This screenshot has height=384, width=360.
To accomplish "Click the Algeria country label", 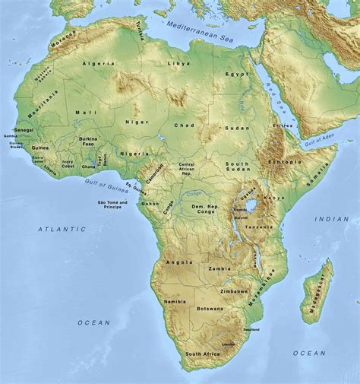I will click(103, 64).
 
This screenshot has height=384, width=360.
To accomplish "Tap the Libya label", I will click(180, 63).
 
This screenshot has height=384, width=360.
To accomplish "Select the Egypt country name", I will click(236, 75).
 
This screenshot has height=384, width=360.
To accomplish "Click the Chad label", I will click(185, 125).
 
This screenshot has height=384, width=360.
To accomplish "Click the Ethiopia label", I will click(286, 162).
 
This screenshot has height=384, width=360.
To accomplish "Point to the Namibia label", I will click(175, 303).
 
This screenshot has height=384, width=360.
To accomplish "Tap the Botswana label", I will click(210, 309).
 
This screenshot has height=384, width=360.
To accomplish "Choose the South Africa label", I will click(203, 354).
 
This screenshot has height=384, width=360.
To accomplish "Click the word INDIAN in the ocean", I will click(332, 219).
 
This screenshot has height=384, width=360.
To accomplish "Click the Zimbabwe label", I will click(234, 291).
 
